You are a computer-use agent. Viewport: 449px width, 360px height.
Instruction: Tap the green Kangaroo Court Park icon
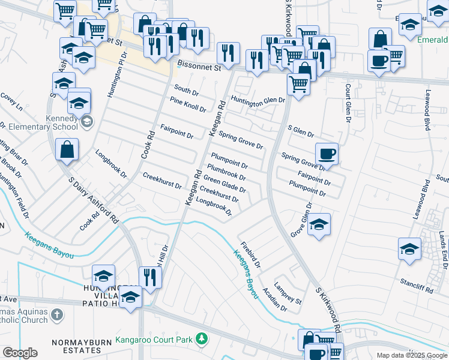tap(202, 340)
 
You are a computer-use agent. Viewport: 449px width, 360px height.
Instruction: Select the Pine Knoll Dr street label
tap(187, 105)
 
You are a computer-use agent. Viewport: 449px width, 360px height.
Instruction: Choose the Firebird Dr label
tap(250, 255)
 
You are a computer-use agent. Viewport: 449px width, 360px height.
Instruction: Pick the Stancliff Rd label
tap(416, 285)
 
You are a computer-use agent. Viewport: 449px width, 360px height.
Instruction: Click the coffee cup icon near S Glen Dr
tap(327, 154)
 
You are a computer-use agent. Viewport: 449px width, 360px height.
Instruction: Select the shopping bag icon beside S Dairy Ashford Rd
tap(67, 150)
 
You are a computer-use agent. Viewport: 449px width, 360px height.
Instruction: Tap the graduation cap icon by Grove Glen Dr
tap(319, 225)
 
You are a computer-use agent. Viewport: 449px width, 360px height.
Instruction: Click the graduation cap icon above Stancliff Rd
tap(409, 248)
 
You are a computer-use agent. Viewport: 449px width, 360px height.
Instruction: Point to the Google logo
tap(19, 353)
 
